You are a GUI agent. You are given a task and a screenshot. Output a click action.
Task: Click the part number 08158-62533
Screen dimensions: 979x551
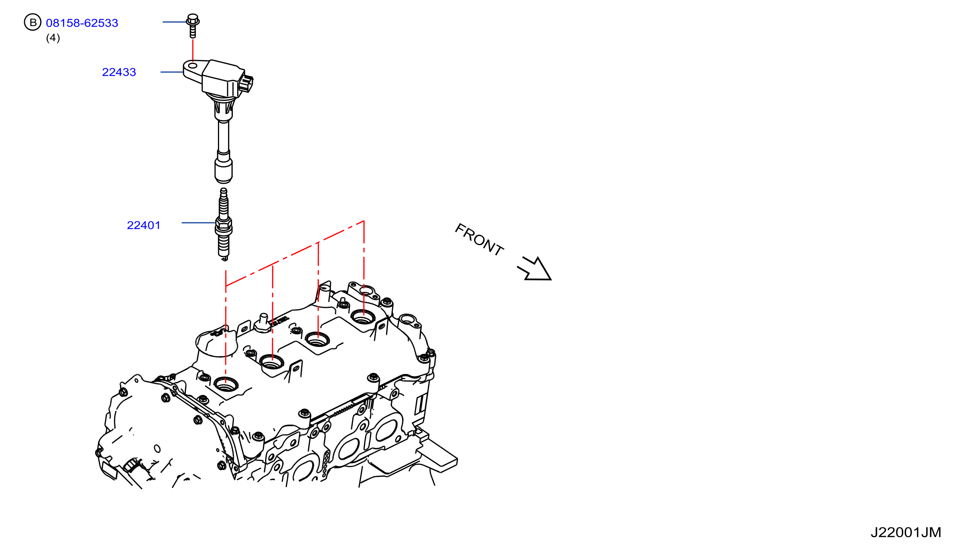pos(82,23)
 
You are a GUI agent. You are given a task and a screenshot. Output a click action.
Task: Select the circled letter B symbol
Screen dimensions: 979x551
pos(33,22)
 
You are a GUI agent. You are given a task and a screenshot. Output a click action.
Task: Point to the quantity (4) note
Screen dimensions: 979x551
pos(53,38)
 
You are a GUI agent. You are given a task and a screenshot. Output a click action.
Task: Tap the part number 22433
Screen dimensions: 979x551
pos(119,72)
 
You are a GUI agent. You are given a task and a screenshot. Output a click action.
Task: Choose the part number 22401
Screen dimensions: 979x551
pos(144,225)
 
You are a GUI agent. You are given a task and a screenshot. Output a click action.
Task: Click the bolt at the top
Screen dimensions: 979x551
pos(193,26)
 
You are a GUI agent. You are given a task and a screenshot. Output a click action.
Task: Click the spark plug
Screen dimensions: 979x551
pos(223,225)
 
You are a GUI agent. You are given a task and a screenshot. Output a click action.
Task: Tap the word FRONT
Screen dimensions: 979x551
pos(479,239)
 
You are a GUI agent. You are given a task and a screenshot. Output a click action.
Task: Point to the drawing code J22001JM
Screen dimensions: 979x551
pos(905,532)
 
